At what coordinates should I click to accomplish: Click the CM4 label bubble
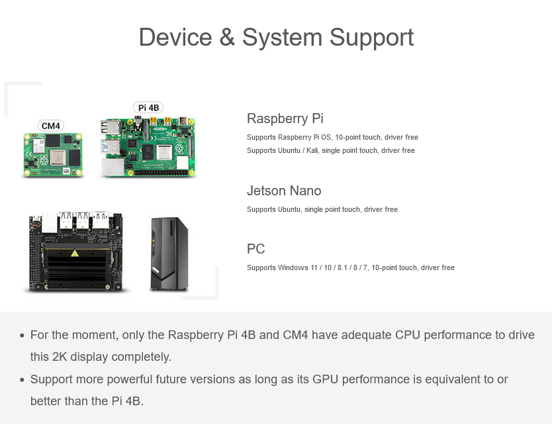tap(51, 126)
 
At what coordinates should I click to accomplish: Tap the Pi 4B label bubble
tap(148, 107)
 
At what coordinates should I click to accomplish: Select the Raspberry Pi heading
tap(285, 119)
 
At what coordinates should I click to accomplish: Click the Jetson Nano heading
tap(284, 191)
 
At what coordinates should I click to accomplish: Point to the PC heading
tap(256, 249)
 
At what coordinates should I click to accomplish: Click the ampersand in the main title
tap(227, 37)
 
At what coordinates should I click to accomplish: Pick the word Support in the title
tap(371, 38)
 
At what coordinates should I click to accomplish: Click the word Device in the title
tap(175, 37)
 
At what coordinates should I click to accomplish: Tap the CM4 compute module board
tap(53, 155)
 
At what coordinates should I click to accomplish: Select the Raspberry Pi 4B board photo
tap(148, 147)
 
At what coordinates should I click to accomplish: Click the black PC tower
tap(169, 254)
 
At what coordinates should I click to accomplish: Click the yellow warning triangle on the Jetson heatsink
tap(75, 253)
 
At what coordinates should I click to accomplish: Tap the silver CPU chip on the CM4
tap(58, 157)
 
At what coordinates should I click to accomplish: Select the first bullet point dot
tap(23, 336)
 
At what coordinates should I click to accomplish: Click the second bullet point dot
tap(23, 380)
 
